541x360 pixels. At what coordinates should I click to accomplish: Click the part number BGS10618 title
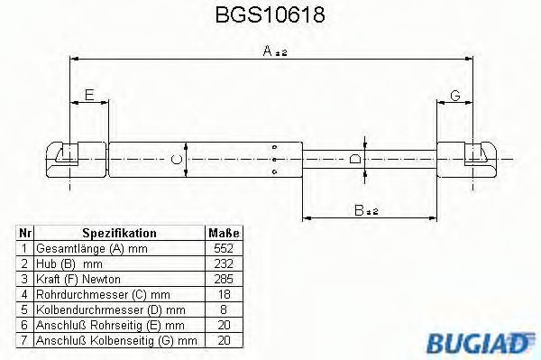(270, 16)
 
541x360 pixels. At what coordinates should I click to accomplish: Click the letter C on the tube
(178, 160)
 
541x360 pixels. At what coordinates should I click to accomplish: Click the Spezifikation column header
(119, 233)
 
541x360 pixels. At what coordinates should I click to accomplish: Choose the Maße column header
(222, 233)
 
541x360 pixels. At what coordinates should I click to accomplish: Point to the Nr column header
(25, 233)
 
